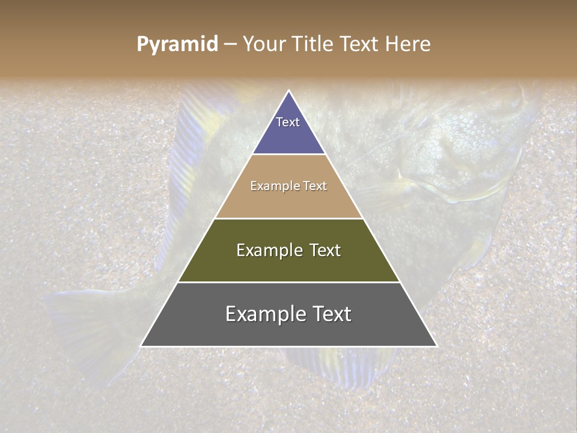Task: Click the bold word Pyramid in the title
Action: pyautogui.click(x=177, y=45)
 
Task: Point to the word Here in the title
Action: pyautogui.click(x=408, y=45)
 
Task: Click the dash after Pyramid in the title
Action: pyautogui.click(x=230, y=45)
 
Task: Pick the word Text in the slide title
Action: pyautogui.click(x=360, y=45)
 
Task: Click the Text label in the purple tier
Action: pyautogui.click(x=288, y=122)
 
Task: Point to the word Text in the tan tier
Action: pyautogui.click(x=315, y=186)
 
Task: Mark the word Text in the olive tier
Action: pyautogui.click(x=325, y=250)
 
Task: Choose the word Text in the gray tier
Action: pyautogui.click(x=331, y=313)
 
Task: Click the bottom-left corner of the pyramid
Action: pyautogui.click(x=141, y=346)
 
